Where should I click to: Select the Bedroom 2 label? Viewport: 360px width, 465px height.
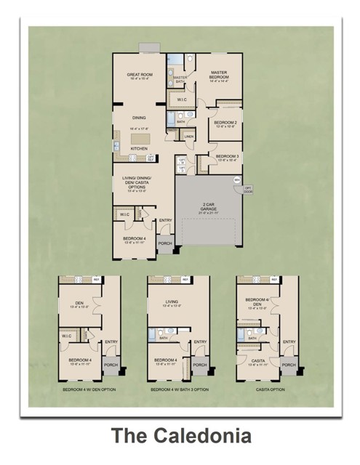(x=225, y=123)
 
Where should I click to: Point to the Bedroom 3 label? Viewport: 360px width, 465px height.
(x=227, y=156)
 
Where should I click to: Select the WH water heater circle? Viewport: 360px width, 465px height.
(x=236, y=179)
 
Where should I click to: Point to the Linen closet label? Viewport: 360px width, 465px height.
(x=188, y=137)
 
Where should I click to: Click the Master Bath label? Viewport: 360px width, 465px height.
(x=179, y=80)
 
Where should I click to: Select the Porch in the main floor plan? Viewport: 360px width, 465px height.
(x=165, y=244)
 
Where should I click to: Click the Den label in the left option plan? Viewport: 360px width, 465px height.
(x=79, y=304)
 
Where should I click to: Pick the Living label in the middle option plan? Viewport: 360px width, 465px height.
(x=172, y=304)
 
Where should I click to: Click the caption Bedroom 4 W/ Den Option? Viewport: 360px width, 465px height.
(x=89, y=390)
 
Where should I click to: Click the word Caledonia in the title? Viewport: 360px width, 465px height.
(x=206, y=436)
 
